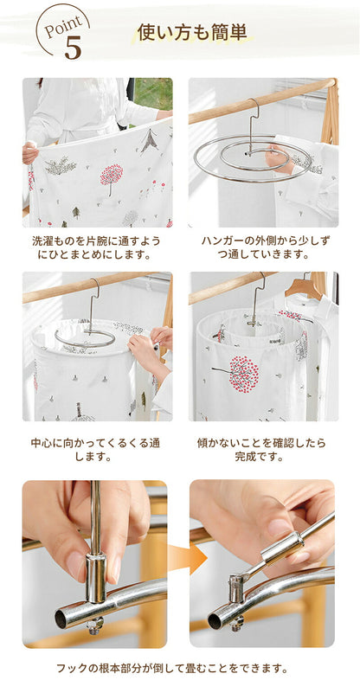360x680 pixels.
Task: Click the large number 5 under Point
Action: click(73, 48)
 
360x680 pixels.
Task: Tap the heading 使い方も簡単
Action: click(192, 33)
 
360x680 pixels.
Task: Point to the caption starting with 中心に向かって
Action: click(95, 450)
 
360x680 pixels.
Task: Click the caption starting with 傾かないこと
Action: click(261, 450)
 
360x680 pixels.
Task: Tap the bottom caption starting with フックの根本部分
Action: click(172, 668)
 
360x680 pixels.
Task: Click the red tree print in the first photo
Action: click(111, 176)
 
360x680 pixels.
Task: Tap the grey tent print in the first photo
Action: click(149, 140)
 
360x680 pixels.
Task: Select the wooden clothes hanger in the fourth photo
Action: click(304, 288)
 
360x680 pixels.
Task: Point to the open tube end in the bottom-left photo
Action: click(61, 619)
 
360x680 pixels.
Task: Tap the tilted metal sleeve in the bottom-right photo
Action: click(281, 548)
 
